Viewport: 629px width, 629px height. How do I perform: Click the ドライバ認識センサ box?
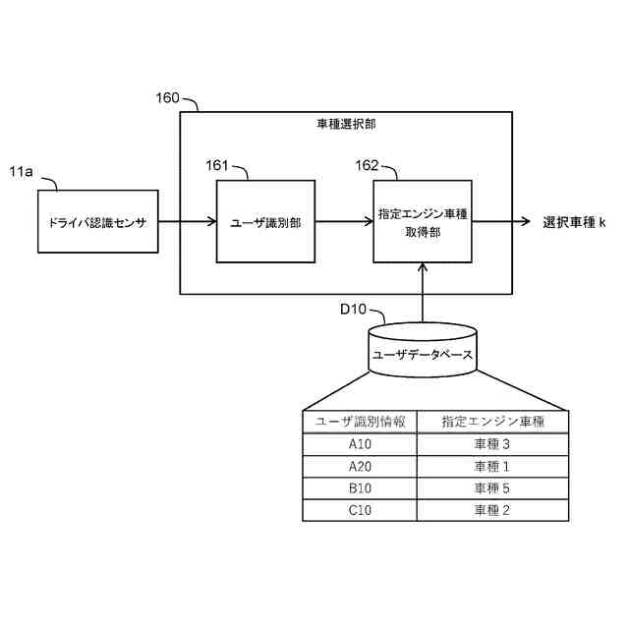(97, 222)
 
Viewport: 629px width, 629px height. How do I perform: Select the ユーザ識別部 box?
(265, 222)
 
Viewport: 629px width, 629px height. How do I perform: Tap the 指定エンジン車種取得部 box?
(423, 222)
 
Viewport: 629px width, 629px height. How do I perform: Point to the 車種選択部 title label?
(345, 126)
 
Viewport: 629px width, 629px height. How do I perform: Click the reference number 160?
(167, 98)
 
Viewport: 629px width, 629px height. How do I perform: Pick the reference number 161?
(218, 165)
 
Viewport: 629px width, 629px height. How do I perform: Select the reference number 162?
(367, 165)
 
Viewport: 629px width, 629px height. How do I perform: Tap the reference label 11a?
(22, 172)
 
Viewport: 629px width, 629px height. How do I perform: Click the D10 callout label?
(353, 310)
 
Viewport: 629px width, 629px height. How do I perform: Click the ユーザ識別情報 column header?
(360, 422)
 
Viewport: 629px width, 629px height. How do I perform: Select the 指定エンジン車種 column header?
(492, 422)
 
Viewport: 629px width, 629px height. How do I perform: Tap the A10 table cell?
(360, 444)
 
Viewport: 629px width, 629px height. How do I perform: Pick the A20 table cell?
(360, 466)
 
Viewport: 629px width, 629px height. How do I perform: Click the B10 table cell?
(360, 488)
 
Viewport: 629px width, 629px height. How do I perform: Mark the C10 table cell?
(360, 510)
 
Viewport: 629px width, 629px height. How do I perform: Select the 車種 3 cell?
(492, 444)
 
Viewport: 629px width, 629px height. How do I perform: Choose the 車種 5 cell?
(492, 488)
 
